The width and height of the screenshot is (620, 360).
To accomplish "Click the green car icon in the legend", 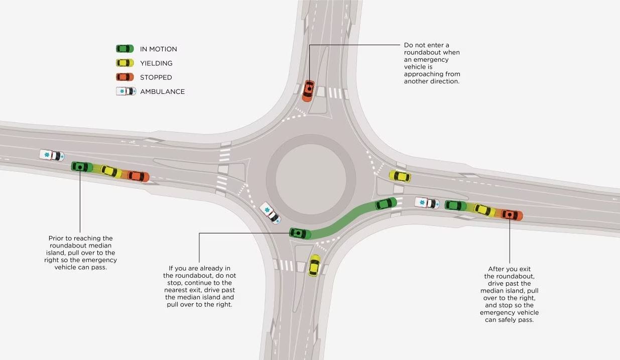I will [125, 49].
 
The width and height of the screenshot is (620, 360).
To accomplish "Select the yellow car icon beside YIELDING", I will [125, 63].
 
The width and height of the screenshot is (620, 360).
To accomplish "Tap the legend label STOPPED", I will [156, 77].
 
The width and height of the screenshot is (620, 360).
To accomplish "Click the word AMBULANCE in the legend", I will [162, 91].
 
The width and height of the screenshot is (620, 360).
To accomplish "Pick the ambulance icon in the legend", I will [126, 91].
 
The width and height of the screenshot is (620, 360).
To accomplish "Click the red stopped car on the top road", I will [308, 90].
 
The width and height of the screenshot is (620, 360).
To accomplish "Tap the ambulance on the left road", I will [52, 155].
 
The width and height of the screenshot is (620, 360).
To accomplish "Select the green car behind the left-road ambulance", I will [82, 166].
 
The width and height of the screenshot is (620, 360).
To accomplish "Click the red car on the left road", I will [138, 176].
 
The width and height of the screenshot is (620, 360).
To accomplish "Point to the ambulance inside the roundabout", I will [270, 213].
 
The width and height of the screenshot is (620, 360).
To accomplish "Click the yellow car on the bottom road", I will [314, 265].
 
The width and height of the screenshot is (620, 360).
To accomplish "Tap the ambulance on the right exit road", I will [427, 203].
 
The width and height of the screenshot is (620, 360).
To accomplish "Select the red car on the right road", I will [512, 215].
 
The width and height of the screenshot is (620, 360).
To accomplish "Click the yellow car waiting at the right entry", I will [400, 176].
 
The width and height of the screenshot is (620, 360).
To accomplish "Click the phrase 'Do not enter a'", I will [426, 45].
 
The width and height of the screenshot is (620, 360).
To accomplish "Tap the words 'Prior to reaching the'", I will [80, 238].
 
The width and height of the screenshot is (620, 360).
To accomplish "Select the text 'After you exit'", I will [509, 269].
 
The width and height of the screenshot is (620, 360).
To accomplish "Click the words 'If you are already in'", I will [199, 269].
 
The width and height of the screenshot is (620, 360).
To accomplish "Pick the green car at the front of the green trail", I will [386, 203].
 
